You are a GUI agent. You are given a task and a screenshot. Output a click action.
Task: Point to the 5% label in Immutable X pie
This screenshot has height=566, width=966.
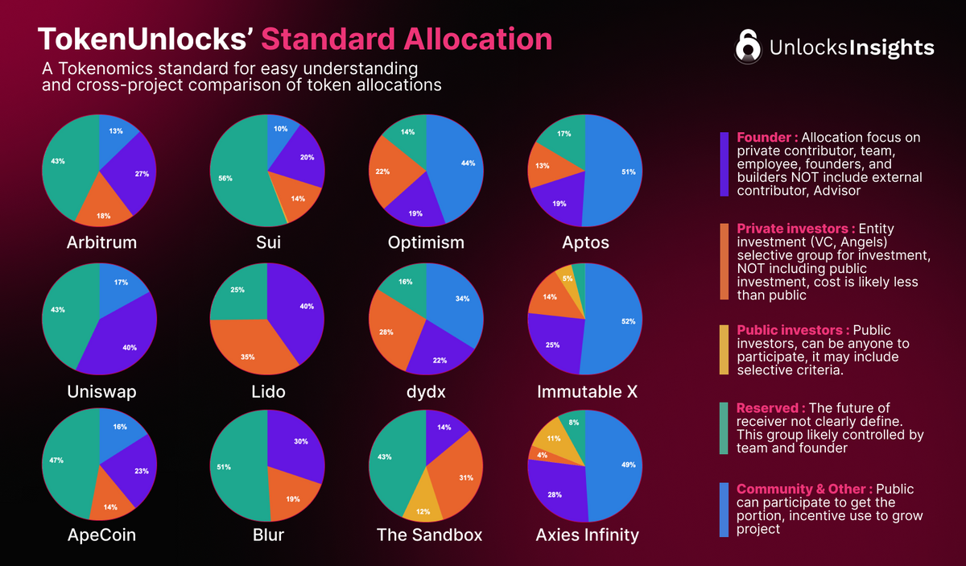(568, 279)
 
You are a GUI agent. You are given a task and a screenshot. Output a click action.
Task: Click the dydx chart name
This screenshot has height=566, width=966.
(427, 391)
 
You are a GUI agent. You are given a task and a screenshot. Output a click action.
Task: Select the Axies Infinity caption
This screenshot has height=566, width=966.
(587, 535)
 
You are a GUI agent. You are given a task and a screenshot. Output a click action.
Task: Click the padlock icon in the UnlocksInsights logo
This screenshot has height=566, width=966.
(748, 47)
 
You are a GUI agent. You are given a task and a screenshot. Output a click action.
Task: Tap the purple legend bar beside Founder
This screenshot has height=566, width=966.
(724, 164)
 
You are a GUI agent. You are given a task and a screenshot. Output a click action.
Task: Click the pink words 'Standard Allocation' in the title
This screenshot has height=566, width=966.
(407, 39)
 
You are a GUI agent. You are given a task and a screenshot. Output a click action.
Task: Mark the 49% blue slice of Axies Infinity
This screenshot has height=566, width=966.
(616, 467)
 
